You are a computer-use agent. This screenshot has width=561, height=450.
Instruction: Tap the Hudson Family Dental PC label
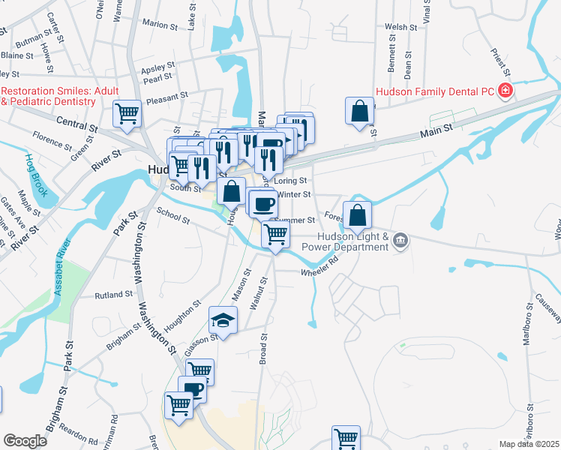pyautogui.click(x=434, y=91)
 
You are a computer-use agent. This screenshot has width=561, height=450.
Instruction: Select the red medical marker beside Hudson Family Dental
pyautogui.click(x=505, y=91)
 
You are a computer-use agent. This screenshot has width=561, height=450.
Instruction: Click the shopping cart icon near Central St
pyautogui.click(x=127, y=115)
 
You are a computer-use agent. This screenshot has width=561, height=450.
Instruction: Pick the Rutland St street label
pyautogui.click(x=114, y=295)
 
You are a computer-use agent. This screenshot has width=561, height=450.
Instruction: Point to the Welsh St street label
pyautogui.click(x=400, y=27)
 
